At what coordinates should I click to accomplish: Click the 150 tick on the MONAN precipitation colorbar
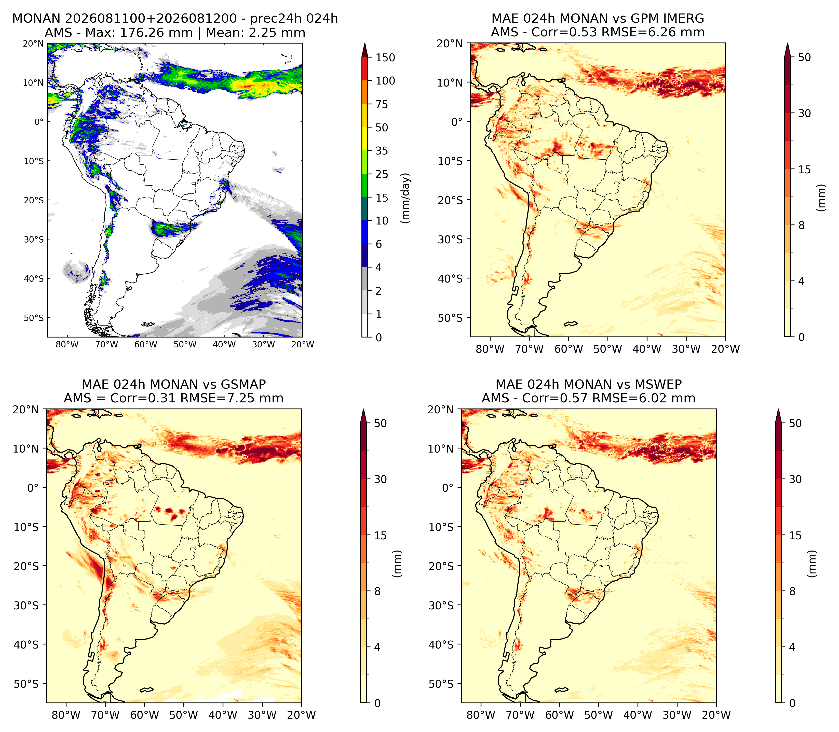[x=385, y=58]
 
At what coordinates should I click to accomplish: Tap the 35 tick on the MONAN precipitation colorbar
[x=382, y=151]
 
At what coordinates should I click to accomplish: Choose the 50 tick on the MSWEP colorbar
[x=795, y=423]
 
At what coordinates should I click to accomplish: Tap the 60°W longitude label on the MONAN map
[x=146, y=344]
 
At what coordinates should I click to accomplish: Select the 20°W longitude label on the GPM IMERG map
[x=725, y=349]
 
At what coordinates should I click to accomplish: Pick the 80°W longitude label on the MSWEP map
[x=481, y=715]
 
